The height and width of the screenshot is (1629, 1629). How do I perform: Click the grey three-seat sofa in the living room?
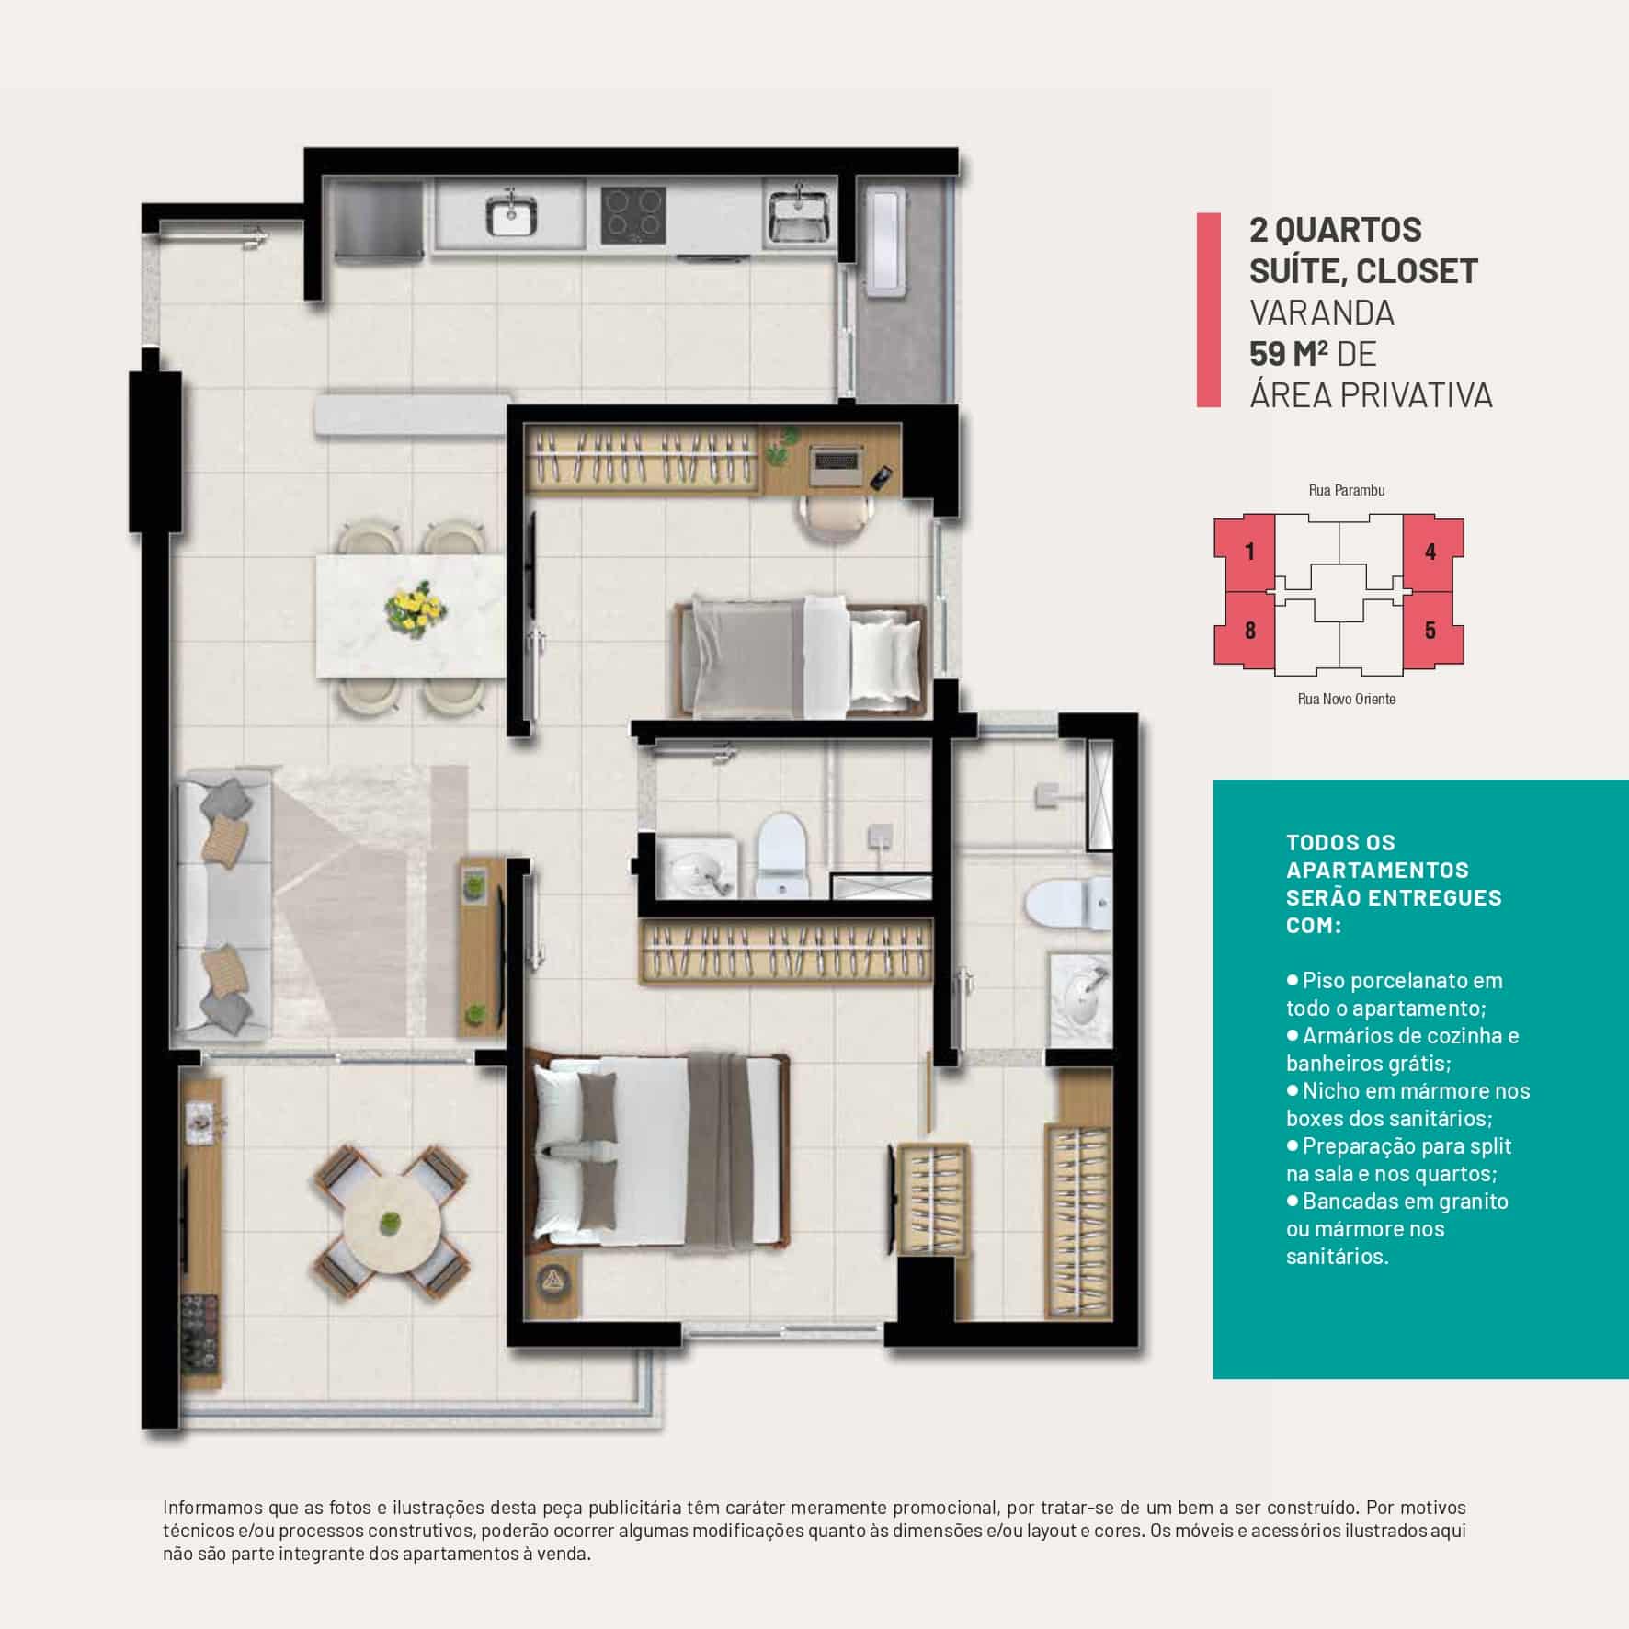coord(221,910)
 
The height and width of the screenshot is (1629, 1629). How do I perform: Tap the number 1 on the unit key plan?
coord(1249,552)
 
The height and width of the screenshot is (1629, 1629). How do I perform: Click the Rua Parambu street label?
coord(1346,491)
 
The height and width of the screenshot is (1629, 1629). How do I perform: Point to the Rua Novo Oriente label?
coord(1346,699)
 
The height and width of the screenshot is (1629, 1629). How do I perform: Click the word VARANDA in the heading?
coord(1321,313)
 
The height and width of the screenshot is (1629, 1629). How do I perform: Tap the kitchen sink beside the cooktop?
coord(510,216)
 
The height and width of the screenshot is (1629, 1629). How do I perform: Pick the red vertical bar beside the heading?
coord(1208,310)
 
